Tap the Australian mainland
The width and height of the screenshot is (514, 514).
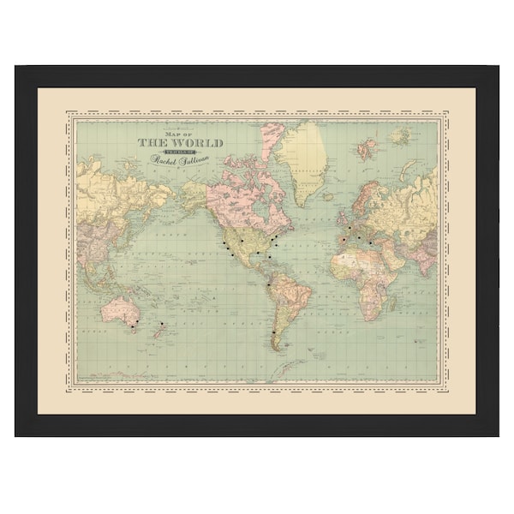[118, 310]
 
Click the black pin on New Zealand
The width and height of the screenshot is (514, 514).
[159, 325]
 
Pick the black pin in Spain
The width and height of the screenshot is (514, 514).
[342, 241]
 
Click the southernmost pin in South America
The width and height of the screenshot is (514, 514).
[272, 332]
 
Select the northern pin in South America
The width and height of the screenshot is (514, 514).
[269, 284]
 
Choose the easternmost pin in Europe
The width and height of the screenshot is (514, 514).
[371, 243]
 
